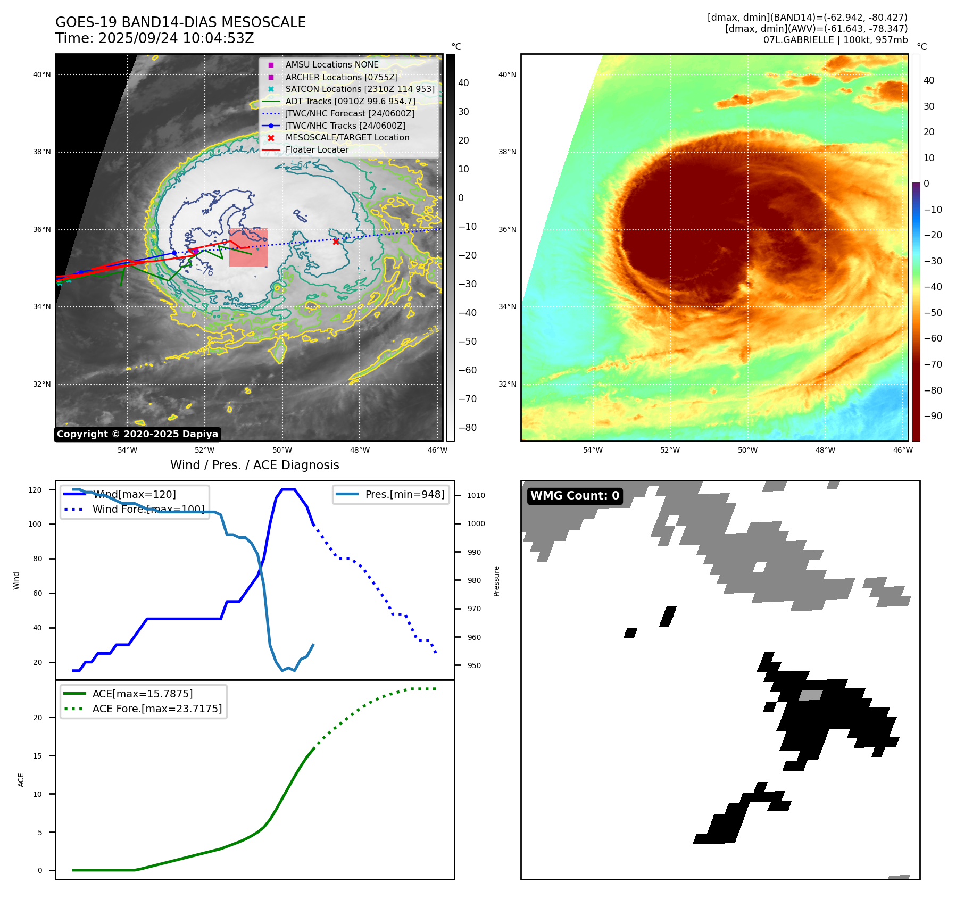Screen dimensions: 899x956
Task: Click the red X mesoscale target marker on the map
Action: (336, 242)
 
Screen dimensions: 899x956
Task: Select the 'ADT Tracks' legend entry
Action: (350, 101)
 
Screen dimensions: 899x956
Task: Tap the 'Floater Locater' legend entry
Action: (317, 149)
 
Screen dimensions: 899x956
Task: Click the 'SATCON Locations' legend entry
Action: (360, 89)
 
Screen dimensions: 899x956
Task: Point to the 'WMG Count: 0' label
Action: (575, 496)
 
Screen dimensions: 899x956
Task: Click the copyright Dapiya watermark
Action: (137, 434)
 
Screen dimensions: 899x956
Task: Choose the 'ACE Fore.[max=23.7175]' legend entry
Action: (157, 709)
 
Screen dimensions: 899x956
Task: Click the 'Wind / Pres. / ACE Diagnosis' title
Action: (254, 465)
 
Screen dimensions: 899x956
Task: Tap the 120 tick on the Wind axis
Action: (35, 490)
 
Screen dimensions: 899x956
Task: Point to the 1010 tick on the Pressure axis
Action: (476, 495)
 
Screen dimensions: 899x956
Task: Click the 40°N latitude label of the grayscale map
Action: (42, 74)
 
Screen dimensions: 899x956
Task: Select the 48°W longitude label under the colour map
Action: (825, 450)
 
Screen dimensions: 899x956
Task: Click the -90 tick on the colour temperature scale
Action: (933, 416)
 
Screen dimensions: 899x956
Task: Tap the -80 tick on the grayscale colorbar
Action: (468, 428)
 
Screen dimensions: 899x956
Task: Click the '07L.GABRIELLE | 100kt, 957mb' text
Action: (835, 40)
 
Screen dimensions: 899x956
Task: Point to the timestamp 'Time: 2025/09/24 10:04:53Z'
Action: (154, 38)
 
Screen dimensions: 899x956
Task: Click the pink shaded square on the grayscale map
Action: (248, 248)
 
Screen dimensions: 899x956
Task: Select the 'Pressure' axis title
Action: (496, 581)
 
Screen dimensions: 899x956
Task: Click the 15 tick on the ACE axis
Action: (38, 756)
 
